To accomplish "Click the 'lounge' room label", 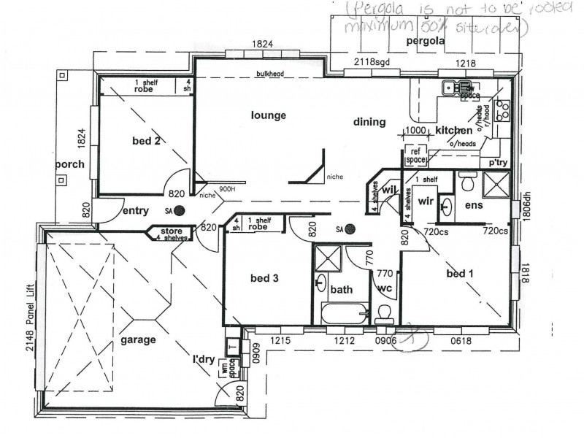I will pyautogui.click(x=268, y=115).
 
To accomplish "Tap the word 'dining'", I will pyautogui.click(x=369, y=123).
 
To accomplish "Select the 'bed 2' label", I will pyautogui.click(x=146, y=141).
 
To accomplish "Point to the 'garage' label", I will pyautogui.click(x=139, y=339).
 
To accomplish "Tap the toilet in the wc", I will pyautogui.click(x=384, y=312).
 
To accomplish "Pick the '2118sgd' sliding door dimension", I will pyautogui.click(x=373, y=64).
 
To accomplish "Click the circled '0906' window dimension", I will pyautogui.click(x=386, y=340).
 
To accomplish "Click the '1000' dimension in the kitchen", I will pyautogui.click(x=414, y=130).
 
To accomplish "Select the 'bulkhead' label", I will pyautogui.click(x=269, y=74).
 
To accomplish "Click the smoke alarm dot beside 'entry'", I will pyautogui.click(x=179, y=211).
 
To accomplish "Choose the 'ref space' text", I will pyautogui.click(x=415, y=155).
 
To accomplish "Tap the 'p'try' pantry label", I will pyautogui.click(x=498, y=162).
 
